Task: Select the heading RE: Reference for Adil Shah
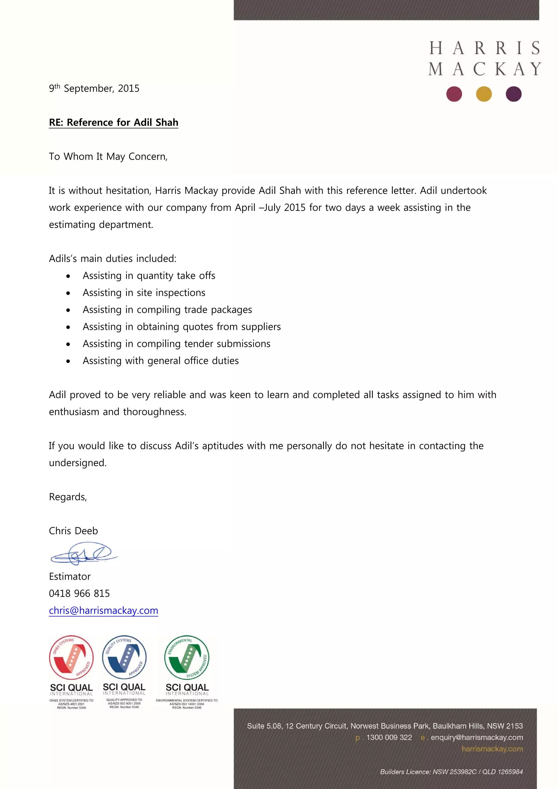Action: pyautogui.click(x=113, y=122)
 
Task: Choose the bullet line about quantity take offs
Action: pyautogui.click(x=149, y=276)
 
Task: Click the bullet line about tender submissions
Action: pyautogui.click(x=176, y=344)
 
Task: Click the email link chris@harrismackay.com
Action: pyautogui.click(x=104, y=610)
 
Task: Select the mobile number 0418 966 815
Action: pyautogui.click(x=79, y=593)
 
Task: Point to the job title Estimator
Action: pyautogui.click(x=70, y=576)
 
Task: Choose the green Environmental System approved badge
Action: pyautogui.click(x=187, y=657)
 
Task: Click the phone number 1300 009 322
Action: pyautogui.click(x=389, y=738)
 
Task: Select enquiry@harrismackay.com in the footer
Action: pyautogui.click(x=477, y=738)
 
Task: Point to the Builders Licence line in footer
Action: pyautogui.click(x=451, y=772)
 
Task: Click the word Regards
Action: pyautogui.click(x=68, y=497)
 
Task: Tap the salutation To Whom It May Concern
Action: pyautogui.click(x=108, y=157)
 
